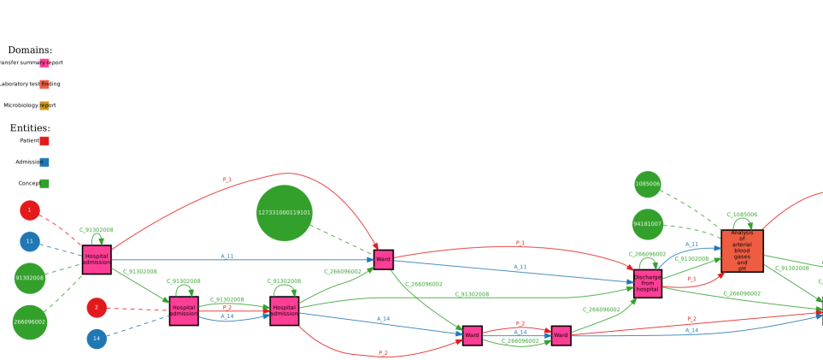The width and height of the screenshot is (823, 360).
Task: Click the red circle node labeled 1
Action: pos(30,210)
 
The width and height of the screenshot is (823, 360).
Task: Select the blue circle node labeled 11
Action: pos(30,242)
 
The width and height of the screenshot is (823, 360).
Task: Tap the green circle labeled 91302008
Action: pos(30,278)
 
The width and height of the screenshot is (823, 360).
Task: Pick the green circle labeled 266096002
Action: pos(30,322)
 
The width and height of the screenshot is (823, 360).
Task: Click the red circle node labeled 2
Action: pos(97,308)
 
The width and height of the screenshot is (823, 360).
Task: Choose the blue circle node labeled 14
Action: pos(97,339)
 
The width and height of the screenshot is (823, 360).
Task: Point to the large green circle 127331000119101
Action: pos(285,213)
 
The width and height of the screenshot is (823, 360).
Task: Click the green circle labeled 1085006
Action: pos(648,184)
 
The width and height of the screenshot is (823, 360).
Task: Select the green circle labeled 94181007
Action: pos(648,224)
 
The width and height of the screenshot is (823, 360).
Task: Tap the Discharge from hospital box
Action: pos(648,284)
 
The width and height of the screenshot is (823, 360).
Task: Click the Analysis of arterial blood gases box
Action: pos(742,251)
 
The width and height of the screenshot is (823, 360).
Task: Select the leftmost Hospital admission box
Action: pos(97,259)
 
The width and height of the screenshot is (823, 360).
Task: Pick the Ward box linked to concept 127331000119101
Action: pos(383,259)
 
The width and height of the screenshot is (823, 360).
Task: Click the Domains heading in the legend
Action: pos(30,50)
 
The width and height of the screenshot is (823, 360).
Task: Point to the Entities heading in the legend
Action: pos(30,128)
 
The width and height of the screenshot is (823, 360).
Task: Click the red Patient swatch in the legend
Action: pos(44,141)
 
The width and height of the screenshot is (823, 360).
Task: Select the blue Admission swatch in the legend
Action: pos(44,162)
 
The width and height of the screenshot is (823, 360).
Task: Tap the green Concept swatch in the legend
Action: pos(44,184)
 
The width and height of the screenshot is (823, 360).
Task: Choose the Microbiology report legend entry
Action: pos(30,106)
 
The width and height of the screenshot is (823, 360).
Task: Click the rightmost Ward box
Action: pos(561,336)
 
